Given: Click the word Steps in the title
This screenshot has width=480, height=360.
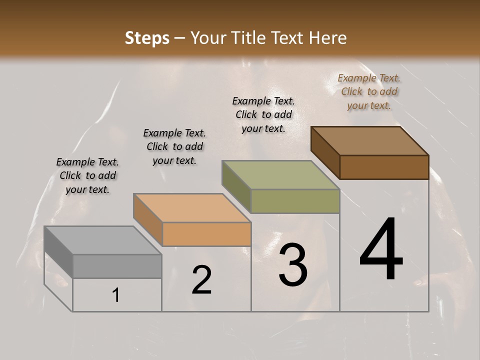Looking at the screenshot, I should [x=146, y=38].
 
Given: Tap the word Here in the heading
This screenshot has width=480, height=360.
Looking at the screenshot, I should [x=328, y=38].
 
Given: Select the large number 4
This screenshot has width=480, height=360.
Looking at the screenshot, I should [x=381, y=249].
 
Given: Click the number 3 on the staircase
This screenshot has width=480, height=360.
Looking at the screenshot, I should [x=293, y=265].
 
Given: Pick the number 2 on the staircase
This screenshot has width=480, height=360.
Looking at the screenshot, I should [x=201, y=280].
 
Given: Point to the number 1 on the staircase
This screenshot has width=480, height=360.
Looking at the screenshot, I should [x=116, y=295].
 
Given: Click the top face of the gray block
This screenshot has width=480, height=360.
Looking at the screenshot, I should [x=102, y=240].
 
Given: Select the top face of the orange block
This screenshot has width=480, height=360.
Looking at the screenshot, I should [x=191, y=208].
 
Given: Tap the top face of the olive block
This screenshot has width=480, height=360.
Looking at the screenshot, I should [x=280, y=175].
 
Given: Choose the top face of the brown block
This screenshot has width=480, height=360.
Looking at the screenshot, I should [x=369, y=141].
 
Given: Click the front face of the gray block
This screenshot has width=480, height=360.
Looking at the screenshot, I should [x=117, y=266].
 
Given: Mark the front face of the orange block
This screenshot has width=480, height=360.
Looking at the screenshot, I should [x=206, y=234].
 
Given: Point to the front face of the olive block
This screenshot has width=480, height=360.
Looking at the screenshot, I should [x=295, y=201].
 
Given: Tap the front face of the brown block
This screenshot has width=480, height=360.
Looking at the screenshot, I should [x=384, y=167].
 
